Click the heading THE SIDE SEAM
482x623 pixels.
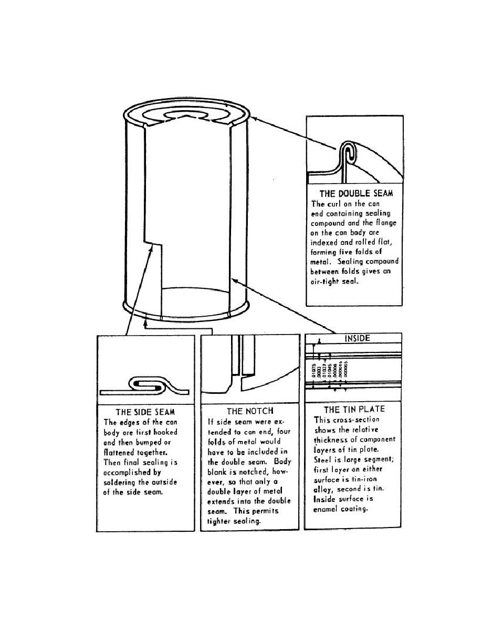(x=145, y=412)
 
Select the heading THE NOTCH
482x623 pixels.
(x=250, y=411)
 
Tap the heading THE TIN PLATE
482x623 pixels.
(x=354, y=410)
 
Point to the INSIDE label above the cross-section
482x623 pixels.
(x=357, y=339)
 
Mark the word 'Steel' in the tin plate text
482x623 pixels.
(x=323, y=459)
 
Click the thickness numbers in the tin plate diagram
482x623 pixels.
(x=330, y=370)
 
